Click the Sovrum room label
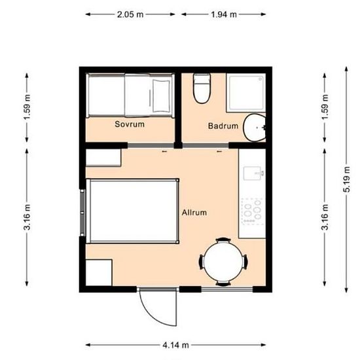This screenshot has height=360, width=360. [130, 124]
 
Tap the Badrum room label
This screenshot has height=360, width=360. [223, 126]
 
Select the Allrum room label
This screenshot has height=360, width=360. [194, 212]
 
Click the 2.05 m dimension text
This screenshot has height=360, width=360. [130, 14]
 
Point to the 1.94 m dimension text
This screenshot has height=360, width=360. [224, 14]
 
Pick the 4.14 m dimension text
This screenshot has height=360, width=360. [176, 345]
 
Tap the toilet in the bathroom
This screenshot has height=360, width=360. [202, 88]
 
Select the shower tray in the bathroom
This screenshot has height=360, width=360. [246, 93]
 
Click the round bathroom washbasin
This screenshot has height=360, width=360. [255, 127]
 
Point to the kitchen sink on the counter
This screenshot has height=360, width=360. [253, 173]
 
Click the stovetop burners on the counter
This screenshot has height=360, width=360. [252, 211]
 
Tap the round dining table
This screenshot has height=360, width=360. [223, 262]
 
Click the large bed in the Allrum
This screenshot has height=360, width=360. [132, 211]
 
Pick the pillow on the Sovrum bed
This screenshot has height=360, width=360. [162, 95]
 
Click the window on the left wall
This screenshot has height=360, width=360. [82, 213]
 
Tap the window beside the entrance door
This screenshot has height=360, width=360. [227, 289]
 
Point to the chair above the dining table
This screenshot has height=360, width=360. [223, 240]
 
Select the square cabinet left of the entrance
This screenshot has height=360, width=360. [99, 273]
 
